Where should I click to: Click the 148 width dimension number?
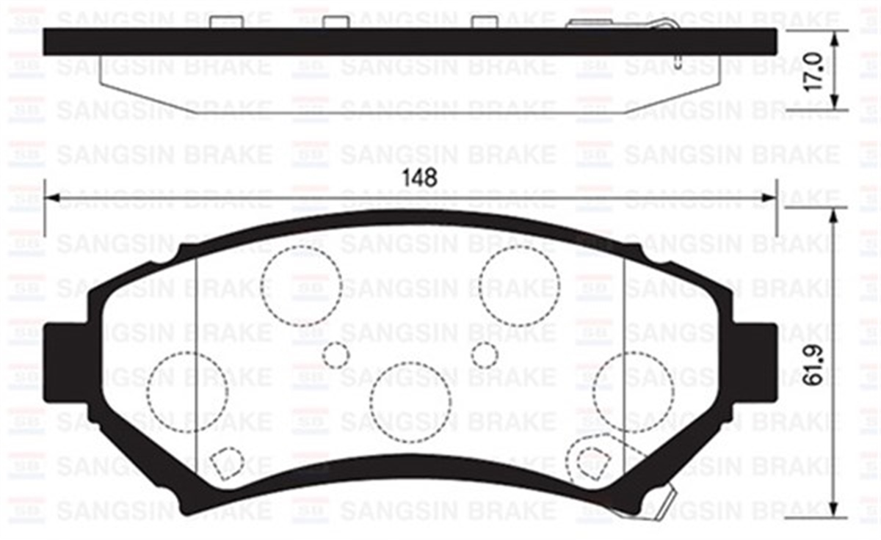click(x=420, y=178)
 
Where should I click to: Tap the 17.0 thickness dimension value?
click(x=816, y=70)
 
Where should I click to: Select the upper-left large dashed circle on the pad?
click(x=301, y=285)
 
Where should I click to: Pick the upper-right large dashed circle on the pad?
click(x=518, y=285)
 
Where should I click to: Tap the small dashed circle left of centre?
click(x=336, y=355)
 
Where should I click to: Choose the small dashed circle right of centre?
click(x=485, y=355)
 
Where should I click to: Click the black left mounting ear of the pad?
click(x=62, y=362)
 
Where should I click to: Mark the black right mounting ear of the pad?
click(x=756, y=362)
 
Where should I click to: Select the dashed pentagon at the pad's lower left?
click(x=225, y=463)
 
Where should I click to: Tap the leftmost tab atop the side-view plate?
click(x=226, y=22)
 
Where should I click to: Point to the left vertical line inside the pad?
click(x=197, y=367)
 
